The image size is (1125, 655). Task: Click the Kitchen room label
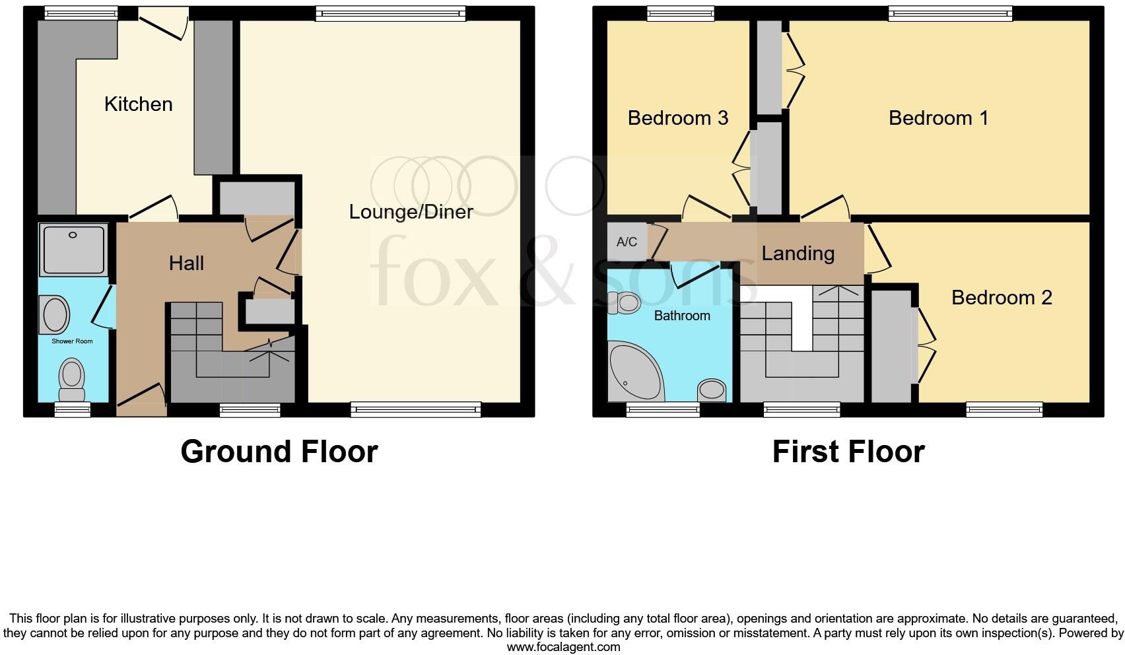pyautogui.click(x=138, y=104)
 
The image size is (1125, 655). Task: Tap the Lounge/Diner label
pyautogui.click(x=411, y=212)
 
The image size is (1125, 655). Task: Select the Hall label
pyautogui.click(x=186, y=263)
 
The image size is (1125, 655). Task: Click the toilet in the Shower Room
pyautogui.click(x=71, y=379)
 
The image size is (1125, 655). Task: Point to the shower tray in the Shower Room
pyautogui.click(x=73, y=249)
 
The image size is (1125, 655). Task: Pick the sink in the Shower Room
pyautogui.click(x=55, y=314)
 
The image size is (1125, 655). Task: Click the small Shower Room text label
pyautogui.click(x=72, y=341)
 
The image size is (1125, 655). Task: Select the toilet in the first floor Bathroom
pyautogui.click(x=624, y=303)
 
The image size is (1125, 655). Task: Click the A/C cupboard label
pyautogui.click(x=627, y=242)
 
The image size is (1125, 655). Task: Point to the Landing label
pyautogui.click(x=798, y=253)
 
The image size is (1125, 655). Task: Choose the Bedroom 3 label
pyautogui.click(x=677, y=118)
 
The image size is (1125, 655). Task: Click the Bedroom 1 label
pyautogui.click(x=938, y=118)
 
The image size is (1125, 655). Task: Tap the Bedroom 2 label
pyautogui.click(x=1001, y=297)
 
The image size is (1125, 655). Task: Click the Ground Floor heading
pyautogui.click(x=279, y=452)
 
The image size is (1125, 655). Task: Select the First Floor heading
pyautogui.click(x=848, y=452)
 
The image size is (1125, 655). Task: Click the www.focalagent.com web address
pyautogui.click(x=563, y=647)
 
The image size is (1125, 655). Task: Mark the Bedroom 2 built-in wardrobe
pyautogui.click(x=891, y=346)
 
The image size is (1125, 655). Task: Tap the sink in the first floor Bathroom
pyautogui.click(x=712, y=390)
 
